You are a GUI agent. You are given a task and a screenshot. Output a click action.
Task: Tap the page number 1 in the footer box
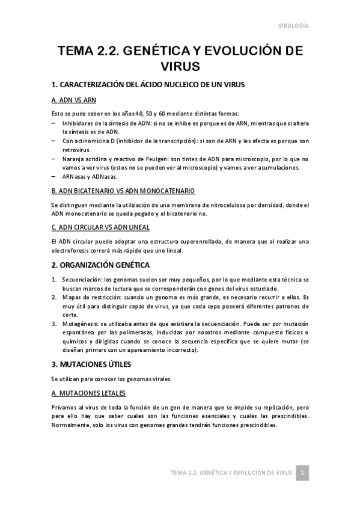point(304,473)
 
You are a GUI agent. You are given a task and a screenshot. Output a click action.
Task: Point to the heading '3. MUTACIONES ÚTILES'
point(91,364)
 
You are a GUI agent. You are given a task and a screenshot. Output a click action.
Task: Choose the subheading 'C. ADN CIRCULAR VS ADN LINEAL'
point(100,227)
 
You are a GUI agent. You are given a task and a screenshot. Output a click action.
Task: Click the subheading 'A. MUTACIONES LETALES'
point(88,393)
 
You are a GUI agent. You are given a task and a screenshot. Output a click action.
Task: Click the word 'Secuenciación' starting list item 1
point(82,280)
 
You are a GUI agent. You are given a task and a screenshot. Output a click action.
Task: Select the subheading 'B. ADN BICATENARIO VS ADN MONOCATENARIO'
point(123,191)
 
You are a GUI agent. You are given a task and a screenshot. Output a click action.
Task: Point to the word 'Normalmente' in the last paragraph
point(72,424)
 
